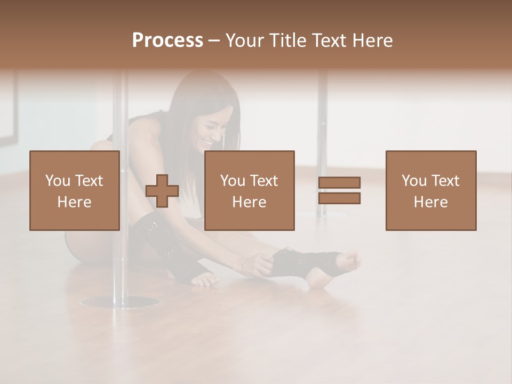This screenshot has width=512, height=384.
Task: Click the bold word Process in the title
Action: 167,41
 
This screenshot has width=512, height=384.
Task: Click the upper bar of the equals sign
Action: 339,183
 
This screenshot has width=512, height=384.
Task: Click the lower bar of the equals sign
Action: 339,198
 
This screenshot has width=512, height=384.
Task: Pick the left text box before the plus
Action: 75,190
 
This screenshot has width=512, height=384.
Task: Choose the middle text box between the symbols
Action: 250,190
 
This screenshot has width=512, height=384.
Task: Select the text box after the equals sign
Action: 431,190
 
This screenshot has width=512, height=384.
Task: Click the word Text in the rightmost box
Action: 444,181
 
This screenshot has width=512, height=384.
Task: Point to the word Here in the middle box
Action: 250,202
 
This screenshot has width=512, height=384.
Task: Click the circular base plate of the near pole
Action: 119,302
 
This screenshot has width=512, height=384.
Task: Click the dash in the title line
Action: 214,41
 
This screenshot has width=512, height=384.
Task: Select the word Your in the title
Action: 244,41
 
